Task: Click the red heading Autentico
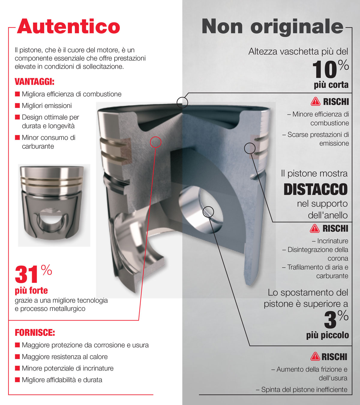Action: click(x=69, y=26)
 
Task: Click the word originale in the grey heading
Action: click(x=297, y=27)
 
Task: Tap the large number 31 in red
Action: click(x=26, y=274)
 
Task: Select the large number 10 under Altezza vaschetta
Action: click(x=325, y=70)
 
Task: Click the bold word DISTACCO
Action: click(x=315, y=189)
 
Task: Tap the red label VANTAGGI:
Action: click(x=34, y=82)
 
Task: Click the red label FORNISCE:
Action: click(x=35, y=333)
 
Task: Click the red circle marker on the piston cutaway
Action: click(x=155, y=142)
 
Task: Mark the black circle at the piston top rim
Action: click(x=182, y=103)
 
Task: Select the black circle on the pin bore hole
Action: click(x=208, y=212)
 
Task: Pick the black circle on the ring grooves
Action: click(x=250, y=148)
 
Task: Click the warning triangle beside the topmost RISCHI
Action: click(x=315, y=102)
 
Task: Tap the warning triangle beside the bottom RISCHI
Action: click(x=315, y=357)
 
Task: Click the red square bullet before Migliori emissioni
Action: click(x=17, y=106)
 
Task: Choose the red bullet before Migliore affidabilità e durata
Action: click(x=17, y=380)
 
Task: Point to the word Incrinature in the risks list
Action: click(x=333, y=241)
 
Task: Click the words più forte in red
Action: click(x=31, y=290)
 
